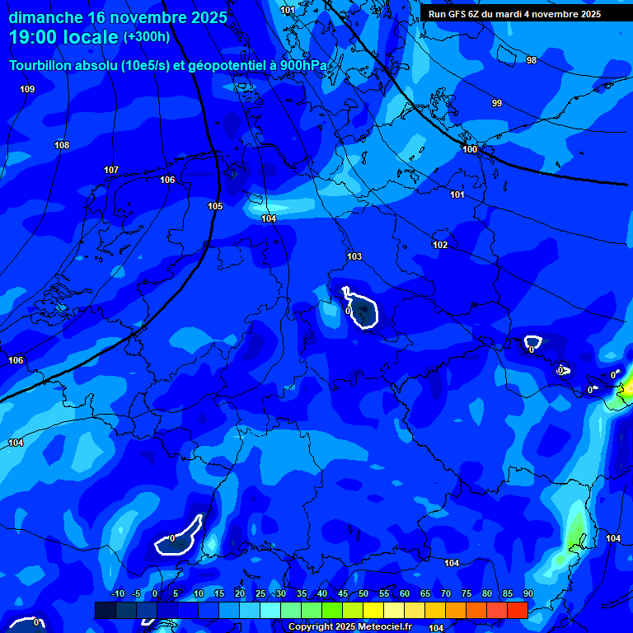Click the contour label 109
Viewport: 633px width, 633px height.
click(27, 89)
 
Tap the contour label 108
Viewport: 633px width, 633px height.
click(62, 145)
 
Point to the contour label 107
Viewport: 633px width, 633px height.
click(111, 170)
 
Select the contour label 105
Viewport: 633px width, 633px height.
click(215, 206)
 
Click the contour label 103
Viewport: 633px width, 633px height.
click(354, 256)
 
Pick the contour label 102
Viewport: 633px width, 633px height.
click(440, 245)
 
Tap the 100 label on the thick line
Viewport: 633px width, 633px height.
click(470, 149)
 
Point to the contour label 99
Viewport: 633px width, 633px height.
click(496, 103)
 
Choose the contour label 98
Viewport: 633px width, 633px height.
click(531, 60)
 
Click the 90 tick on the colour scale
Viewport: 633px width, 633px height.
click(527, 593)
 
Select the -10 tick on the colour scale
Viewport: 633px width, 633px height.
click(117, 593)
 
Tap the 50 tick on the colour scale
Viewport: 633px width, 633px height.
click(363, 593)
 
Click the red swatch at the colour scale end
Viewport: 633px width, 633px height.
click(517, 610)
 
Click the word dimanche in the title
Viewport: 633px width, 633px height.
click(45, 17)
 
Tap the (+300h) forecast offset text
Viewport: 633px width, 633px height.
click(146, 37)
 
